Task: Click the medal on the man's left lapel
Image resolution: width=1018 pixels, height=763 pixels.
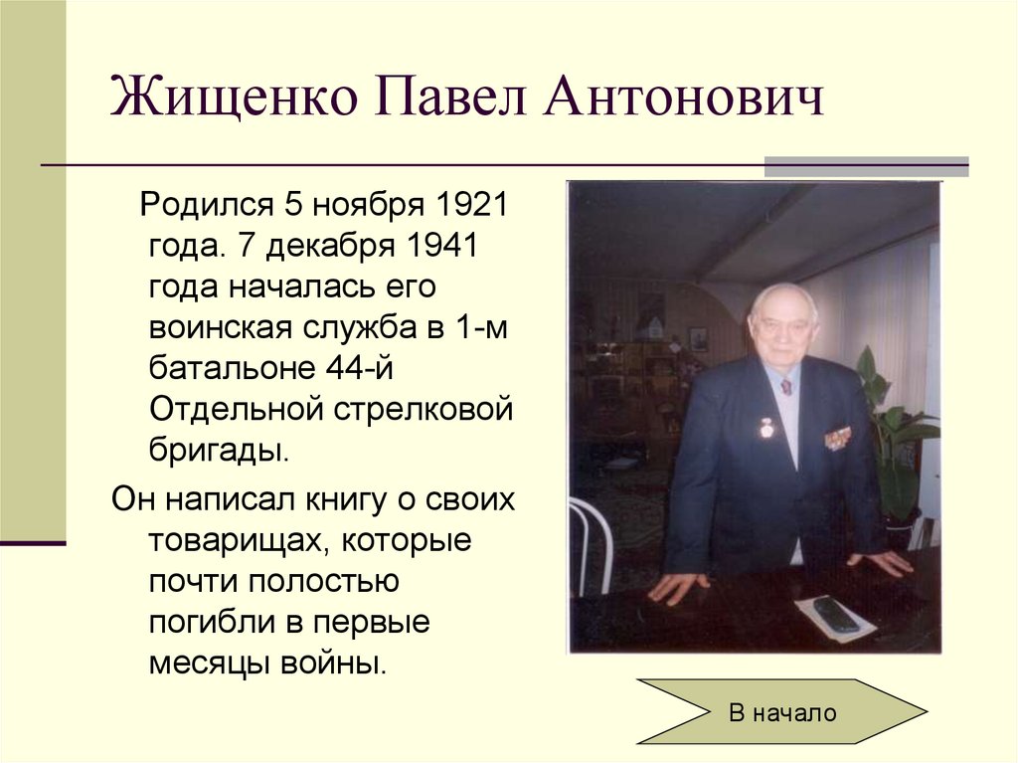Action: click(x=766, y=429)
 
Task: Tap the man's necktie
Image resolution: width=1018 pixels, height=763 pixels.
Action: click(x=785, y=386)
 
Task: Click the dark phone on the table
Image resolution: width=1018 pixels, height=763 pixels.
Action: click(x=836, y=614)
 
